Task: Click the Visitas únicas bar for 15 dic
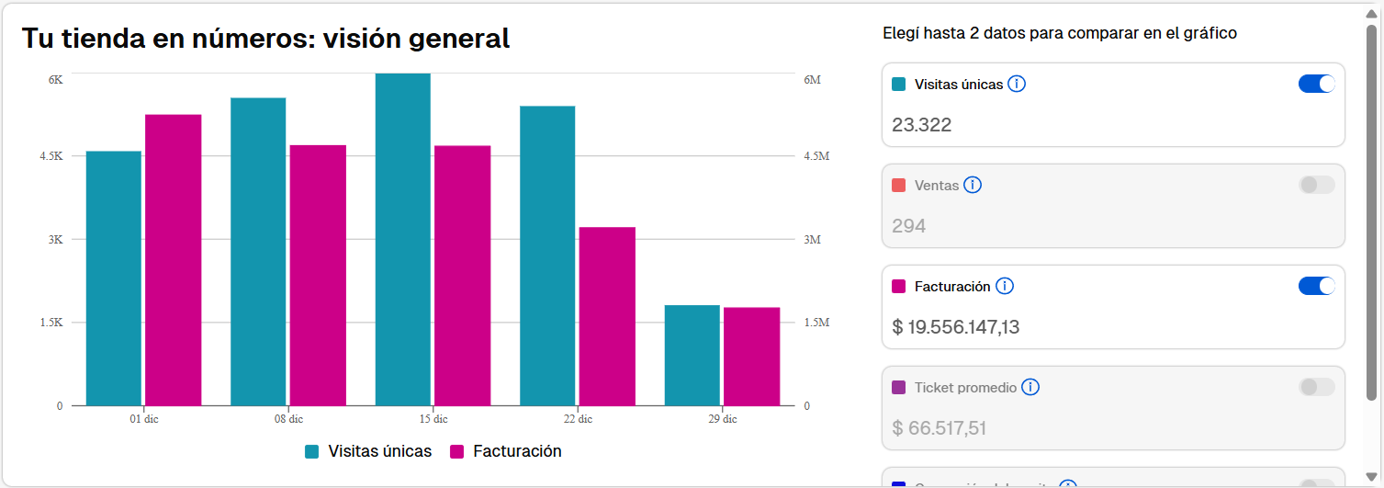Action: point(403,239)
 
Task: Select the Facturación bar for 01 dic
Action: point(173,260)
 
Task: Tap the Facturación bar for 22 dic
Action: point(607,316)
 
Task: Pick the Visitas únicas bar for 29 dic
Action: point(692,355)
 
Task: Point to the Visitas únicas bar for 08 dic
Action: point(258,251)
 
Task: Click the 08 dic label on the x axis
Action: point(288,419)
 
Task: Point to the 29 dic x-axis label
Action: point(723,419)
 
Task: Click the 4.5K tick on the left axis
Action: point(51,156)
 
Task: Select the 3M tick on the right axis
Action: point(812,240)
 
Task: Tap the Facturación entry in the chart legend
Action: point(506,451)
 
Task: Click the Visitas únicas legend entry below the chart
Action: point(368,451)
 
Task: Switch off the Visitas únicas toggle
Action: point(1316,84)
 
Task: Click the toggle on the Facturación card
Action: point(1316,286)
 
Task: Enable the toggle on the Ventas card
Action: point(1316,185)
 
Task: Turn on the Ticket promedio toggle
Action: point(1316,387)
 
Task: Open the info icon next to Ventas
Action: point(973,185)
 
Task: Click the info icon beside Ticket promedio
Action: point(1030,387)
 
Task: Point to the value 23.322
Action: point(922,125)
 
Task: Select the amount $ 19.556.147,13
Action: point(956,327)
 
